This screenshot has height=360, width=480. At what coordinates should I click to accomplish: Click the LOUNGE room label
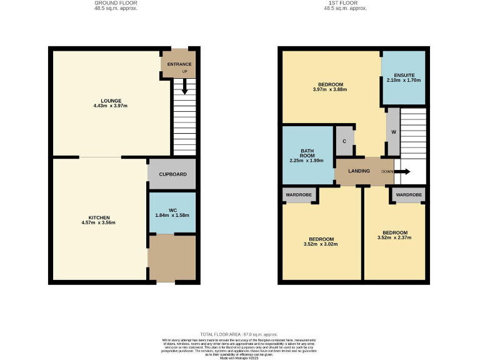(112, 101)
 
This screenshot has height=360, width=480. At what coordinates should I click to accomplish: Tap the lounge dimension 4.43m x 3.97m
(112, 106)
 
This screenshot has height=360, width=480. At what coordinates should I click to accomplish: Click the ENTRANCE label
(179, 64)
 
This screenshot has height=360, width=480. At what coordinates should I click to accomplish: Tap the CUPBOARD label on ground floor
(172, 174)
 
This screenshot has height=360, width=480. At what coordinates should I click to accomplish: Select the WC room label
(172, 210)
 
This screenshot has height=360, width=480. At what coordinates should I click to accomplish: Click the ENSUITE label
(404, 75)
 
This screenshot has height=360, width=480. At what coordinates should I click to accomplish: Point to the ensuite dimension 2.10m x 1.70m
(404, 81)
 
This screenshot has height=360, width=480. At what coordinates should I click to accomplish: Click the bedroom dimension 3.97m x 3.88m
(330, 89)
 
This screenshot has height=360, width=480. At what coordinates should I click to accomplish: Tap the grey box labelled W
(393, 132)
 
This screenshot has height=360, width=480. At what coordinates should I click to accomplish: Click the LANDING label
(359, 171)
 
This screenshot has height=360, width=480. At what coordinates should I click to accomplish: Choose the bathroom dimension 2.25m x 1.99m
(307, 161)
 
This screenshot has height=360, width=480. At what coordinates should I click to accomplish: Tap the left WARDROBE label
(299, 195)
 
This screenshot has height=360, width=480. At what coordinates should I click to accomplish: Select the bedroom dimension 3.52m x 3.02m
(321, 245)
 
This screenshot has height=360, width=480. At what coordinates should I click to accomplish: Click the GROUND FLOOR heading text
(112, 3)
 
